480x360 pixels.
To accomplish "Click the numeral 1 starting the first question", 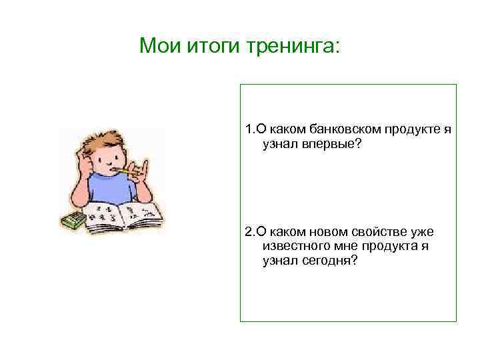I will tap(248, 130).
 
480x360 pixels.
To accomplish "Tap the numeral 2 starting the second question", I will tap(248, 232).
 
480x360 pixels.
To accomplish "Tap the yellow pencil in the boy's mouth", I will tap(123, 171).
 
